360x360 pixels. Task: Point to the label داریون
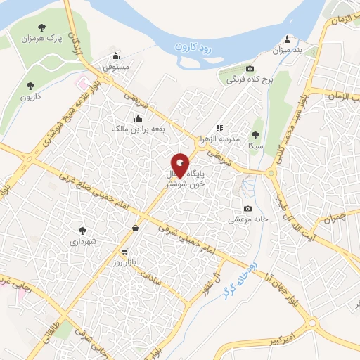pyautogui.click(x=30, y=98)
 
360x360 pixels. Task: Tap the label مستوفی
pyautogui.click(x=116, y=68)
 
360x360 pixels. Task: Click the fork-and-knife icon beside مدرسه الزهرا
pyautogui.click(x=219, y=128)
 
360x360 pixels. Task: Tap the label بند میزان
pyautogui.click(x=287, y=51)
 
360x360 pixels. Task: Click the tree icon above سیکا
pyautogui.click(x=255, y=134)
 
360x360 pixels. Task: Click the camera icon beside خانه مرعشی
pyautogui.click(x=247, y=208)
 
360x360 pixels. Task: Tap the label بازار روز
pyautogui.click(x=131, y=262)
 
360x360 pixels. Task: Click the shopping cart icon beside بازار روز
pyautogui.click(x=124, y=251)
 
